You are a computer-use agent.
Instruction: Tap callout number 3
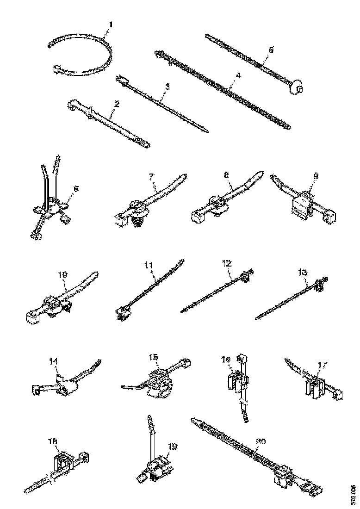[x=167, y=86]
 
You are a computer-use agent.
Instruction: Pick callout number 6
[x=76, y=189]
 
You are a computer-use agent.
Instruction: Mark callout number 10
[x=63, y=274]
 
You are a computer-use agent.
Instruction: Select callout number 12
[x=226, y=264]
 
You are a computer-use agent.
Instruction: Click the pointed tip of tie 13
[x=257, y=318]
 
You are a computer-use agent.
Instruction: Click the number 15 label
[x=154, y=357]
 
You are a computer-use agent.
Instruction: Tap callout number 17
[x=323, y=365]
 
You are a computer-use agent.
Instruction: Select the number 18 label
[x=53, y=443]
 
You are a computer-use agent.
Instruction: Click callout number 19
[x=173, y=447]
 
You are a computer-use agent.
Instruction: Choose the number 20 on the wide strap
[x=261, y=442]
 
